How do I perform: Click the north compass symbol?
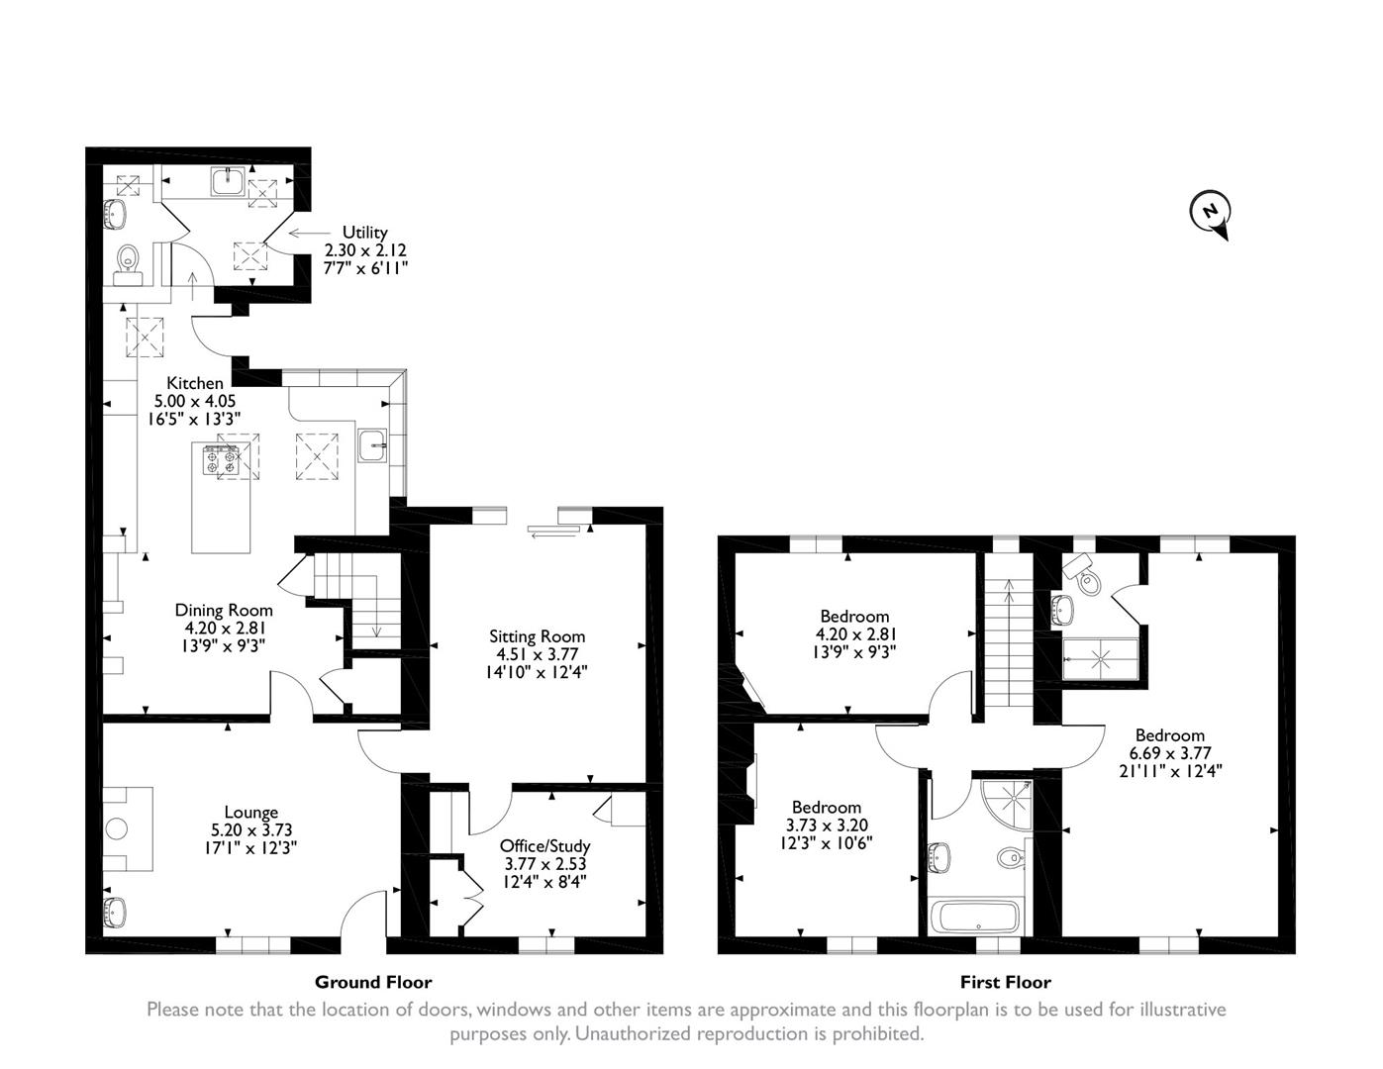1209,212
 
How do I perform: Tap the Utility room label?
364,233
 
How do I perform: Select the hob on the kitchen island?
223,461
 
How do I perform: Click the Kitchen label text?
194,383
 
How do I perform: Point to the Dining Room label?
224,610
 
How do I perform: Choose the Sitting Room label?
537,636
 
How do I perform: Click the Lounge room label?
250,813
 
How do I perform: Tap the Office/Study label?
544,846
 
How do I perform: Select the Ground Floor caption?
373,982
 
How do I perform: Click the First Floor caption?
1005,982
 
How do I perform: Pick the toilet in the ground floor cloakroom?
128,261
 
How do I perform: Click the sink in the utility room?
229,182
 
